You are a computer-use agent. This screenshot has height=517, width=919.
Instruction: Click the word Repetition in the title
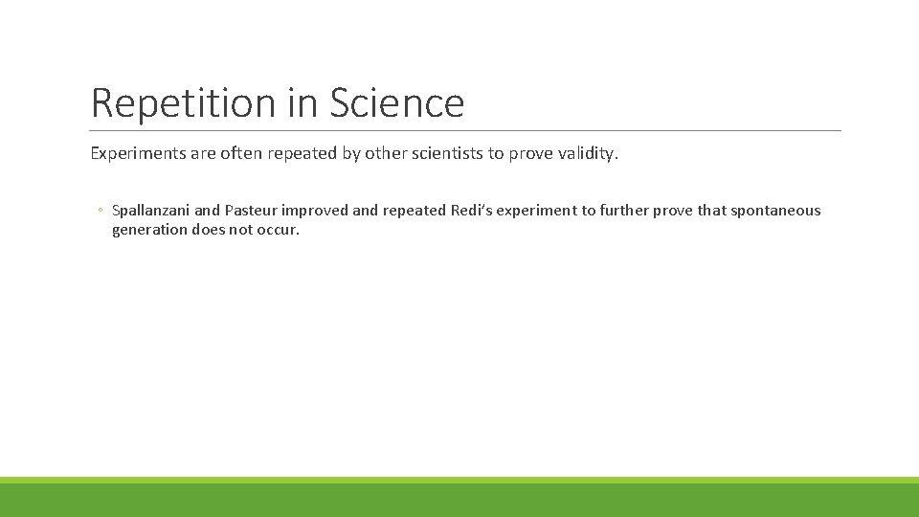(184, 103)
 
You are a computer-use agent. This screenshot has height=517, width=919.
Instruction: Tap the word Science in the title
(396, 103)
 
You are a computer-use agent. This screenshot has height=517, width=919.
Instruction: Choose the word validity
(583, 154)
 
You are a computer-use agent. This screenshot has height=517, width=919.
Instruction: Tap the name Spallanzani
(150, 211)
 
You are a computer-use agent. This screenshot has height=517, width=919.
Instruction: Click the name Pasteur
(251, 211)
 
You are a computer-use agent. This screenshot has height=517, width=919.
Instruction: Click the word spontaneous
(775, 211)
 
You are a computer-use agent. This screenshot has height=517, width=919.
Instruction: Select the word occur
(278, 231)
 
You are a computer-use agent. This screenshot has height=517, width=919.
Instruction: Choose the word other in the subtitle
(389, 153)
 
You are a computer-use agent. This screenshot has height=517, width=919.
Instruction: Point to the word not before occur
(241, 230)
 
